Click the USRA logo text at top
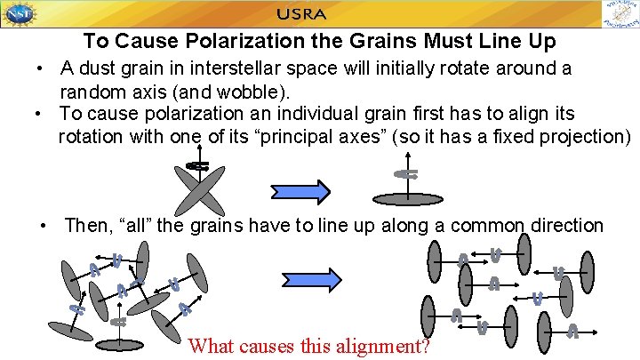301,14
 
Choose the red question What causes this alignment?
309,346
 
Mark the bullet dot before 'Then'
44,227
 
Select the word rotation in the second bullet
94,137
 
